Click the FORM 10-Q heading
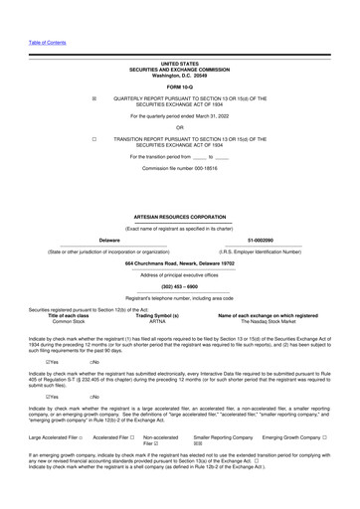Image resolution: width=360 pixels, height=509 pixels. coord(179,86)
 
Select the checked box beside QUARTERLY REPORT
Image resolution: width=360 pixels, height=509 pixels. coord(92,99)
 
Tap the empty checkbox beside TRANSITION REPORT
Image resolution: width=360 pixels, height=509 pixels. coord(92,140)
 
